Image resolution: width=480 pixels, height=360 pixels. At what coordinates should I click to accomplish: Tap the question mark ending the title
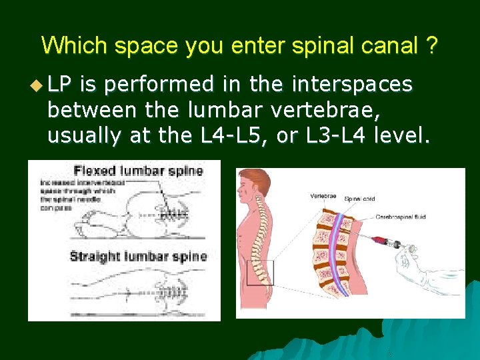point(432,45)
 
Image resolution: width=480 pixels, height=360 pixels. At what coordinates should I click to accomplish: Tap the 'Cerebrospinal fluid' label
point(400,217)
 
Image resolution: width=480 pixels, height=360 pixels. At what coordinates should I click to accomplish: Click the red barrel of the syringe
point(381,240)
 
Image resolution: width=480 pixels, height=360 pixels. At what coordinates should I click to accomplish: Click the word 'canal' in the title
point(393,45)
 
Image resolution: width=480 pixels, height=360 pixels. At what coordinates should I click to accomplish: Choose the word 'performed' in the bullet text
point(159,85)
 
